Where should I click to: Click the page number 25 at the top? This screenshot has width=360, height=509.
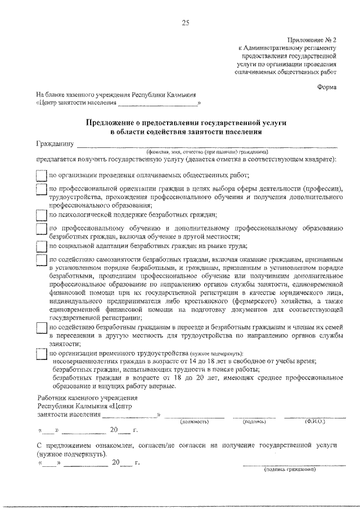click(x=186, y=22)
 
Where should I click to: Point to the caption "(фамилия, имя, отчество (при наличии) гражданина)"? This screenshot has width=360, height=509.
click(x=207, y=152)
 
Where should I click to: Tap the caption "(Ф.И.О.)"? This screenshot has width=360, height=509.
click(x=315, y=421)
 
